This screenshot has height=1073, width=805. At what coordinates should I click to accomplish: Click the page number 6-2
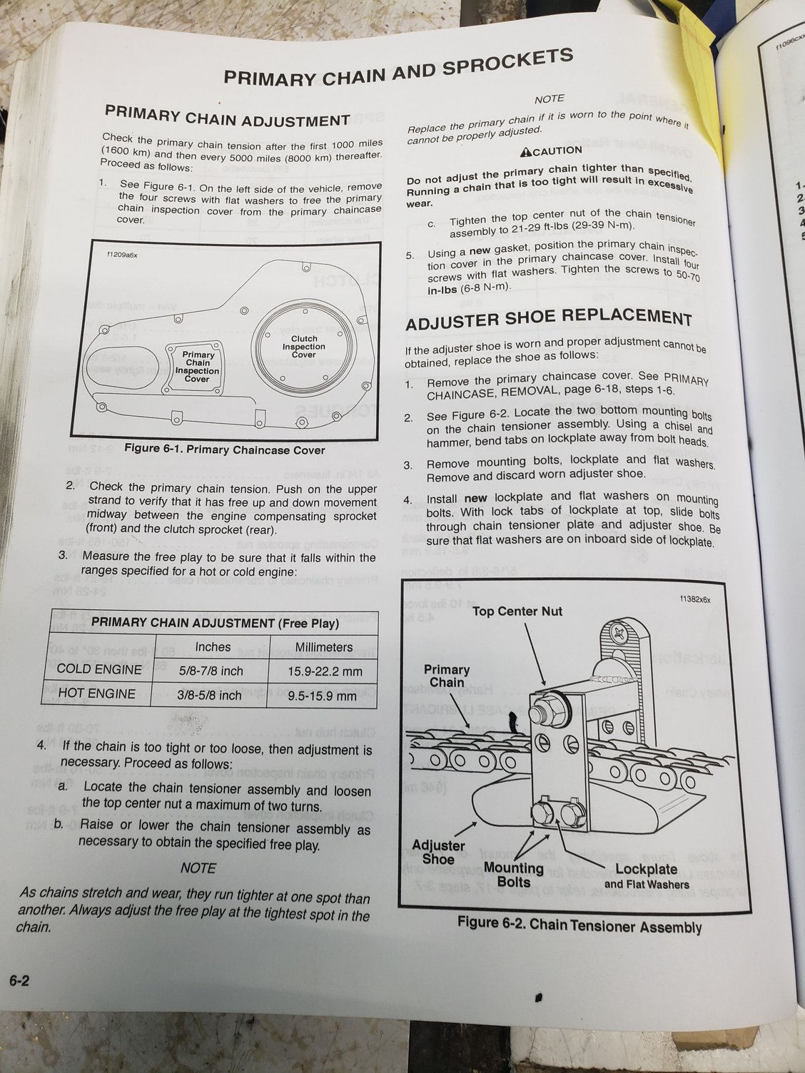click(19, 981)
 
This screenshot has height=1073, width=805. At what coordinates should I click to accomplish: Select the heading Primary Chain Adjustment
click(227, 116)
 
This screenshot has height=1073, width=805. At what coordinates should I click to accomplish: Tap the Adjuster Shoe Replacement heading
click(548, 319)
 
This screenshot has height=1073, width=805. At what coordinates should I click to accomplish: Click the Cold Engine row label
click(98, 669)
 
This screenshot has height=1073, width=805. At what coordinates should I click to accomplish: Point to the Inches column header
click(213, 646)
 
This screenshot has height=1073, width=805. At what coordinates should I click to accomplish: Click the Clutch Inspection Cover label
click(303, 347)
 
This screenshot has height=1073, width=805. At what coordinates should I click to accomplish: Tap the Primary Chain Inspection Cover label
click(198, 367)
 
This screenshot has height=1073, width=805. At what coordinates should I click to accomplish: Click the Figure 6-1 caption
click(224, 449)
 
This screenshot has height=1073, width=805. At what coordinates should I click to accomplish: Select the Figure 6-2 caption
click(579, 925)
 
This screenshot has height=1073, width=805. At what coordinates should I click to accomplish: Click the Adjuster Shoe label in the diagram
click(438, 852)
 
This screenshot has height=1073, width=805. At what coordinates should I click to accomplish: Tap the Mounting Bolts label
click(513, 875)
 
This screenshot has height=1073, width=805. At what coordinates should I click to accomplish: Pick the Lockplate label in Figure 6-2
click(646, 869)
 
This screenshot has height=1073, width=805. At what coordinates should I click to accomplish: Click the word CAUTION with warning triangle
click(551, 151)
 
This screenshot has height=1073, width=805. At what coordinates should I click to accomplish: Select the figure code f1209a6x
click(123, 253)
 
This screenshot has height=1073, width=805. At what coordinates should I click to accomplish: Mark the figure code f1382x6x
click(695, 599)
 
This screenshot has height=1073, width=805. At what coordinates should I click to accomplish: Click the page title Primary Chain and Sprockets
click(398, 68)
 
